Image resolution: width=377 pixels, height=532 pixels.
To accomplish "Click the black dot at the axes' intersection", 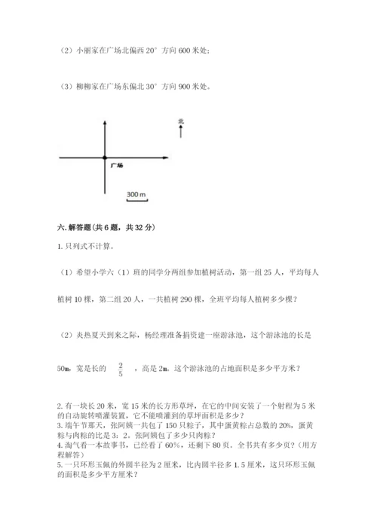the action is [x=104, y=157].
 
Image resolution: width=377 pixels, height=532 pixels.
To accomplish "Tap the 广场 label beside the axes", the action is [x=116, y=164].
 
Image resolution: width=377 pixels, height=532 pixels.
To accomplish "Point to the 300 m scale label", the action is [x=136, y=195].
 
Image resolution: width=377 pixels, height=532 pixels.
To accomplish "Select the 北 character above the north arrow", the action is [x=181, y=121].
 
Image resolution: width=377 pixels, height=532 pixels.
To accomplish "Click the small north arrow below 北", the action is [x=181, y=133].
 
